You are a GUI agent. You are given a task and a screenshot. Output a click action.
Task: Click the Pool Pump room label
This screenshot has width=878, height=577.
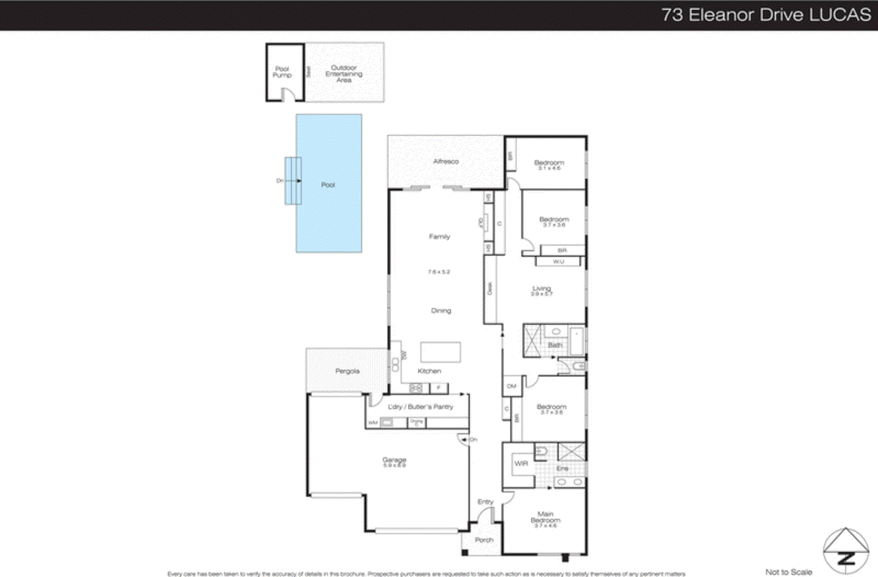(282, 72)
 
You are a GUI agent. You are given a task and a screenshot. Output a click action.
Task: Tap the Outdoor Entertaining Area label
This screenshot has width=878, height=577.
(344, 73)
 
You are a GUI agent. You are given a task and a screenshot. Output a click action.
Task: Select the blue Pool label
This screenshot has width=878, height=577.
(328, 185)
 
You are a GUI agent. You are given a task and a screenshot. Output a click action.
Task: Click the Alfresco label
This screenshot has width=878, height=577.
(446, 161)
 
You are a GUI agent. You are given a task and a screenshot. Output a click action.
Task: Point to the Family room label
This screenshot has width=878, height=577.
(440, 236)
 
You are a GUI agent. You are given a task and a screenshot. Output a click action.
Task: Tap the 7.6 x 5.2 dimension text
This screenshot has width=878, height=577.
(439, 271)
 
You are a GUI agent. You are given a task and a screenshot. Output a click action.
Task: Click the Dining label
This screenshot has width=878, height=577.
(441, 310)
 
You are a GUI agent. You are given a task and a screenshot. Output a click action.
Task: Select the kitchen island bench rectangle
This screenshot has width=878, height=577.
(441, 352)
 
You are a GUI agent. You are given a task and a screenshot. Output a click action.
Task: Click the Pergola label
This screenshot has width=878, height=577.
(347, 371)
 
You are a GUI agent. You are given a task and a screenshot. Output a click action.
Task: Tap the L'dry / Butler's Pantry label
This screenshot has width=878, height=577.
(420, 407)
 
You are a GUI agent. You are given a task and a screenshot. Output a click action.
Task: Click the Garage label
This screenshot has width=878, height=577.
(394, 460)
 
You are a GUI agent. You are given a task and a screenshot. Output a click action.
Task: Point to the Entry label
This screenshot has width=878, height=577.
(485, 502)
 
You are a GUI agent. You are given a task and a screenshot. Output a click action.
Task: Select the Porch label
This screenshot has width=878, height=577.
(484, 540)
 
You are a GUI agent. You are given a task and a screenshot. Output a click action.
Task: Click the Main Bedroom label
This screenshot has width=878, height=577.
(545, 517)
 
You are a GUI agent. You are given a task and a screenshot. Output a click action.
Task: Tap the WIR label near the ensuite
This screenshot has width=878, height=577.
(521, 463)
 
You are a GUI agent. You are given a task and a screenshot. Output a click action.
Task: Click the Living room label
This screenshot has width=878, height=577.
(542, 288)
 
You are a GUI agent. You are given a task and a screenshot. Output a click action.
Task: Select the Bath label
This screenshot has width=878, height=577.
(555, 345)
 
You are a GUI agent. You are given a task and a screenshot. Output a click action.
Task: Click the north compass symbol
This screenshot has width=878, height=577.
(846, 551)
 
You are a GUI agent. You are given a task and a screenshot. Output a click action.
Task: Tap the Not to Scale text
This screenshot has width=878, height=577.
(789, 572)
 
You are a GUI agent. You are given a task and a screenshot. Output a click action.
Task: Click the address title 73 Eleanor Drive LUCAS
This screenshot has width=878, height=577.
(766, 15)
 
